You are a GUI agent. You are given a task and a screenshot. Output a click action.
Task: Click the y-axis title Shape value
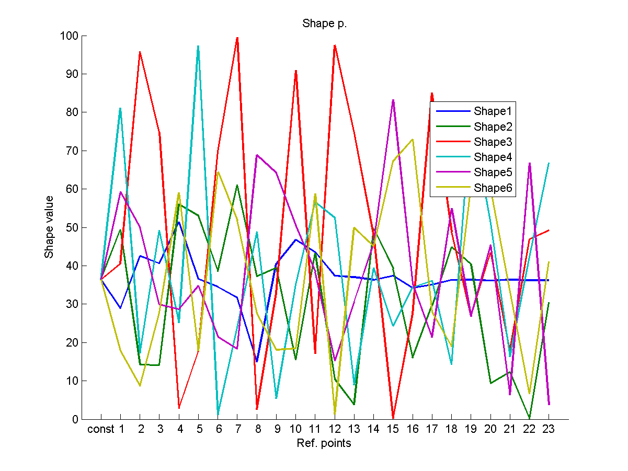tap(49, 227)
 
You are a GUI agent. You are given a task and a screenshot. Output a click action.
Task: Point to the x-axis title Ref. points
tap(324, 444)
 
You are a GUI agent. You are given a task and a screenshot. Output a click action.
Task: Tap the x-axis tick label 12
tap(335, 430)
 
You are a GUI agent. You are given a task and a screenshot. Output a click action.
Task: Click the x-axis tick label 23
tap(549, 430)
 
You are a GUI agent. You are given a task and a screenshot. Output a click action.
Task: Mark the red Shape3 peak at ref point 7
tap(237, 38)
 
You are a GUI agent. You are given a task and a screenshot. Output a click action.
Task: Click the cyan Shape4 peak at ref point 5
tap(198, 46)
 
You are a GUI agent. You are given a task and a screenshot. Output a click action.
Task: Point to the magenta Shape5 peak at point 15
tap(393, 100)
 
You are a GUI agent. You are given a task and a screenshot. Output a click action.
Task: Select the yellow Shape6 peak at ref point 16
tap(413, 140)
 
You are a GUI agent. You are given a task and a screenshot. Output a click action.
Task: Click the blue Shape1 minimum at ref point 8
tap(257, 361)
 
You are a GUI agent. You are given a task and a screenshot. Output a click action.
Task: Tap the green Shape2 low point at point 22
tap(530, 418)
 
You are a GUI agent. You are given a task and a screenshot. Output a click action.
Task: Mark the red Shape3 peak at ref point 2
tap(140, 52)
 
